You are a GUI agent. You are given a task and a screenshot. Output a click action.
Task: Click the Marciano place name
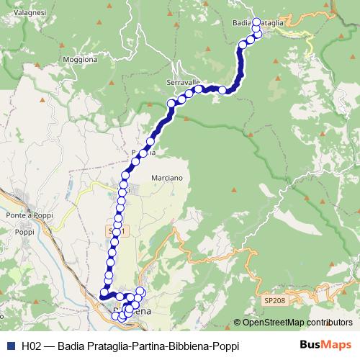click(x=168, y=177)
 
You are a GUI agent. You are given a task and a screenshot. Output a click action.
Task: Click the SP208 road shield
click(x=274, y=299)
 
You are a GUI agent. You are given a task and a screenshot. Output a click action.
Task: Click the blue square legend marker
click(x=10, y=346)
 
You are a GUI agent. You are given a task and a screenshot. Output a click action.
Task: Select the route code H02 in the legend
click(x=32, y=346)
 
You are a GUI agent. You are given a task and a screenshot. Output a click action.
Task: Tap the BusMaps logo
click(x=324, y=345)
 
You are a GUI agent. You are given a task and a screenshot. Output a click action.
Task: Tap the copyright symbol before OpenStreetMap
click(x=237, y=323)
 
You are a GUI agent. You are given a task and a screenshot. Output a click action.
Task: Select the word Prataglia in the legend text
click(x=104, y=346)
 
